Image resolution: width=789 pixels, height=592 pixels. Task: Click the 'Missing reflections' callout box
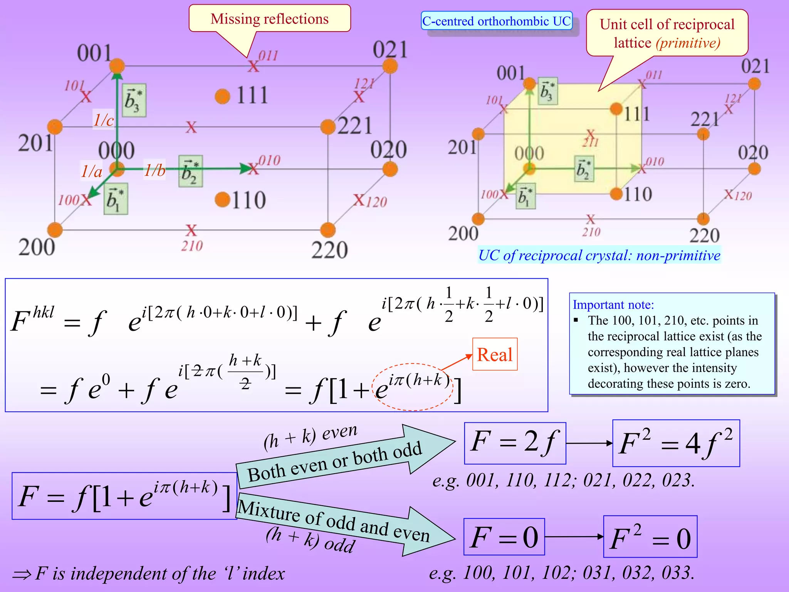coord(270,18)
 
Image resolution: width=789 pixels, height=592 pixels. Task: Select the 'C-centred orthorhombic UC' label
coord(496,21)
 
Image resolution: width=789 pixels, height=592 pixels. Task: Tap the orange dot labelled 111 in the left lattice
coord(223,96)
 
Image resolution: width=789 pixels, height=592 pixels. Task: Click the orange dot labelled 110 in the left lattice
coord(223,200)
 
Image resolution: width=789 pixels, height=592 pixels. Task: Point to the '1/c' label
coord(104,120)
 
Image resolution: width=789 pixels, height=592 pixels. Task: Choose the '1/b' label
coord(154,170)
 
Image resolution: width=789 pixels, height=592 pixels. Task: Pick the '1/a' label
coord(92,171)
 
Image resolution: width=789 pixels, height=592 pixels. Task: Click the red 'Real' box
coord(495,354)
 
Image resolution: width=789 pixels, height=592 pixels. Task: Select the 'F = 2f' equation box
coord(515,443)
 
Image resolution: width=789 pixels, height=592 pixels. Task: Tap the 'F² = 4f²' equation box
coord(676,443)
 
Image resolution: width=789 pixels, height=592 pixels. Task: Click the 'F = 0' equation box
coord(504,536)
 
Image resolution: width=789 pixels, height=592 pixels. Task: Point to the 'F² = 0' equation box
coord(650,537)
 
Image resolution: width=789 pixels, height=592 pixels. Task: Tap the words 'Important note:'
coord(613,304)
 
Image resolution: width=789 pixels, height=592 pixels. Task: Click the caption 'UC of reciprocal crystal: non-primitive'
coord(599,256)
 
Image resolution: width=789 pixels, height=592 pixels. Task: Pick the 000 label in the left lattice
coord(116,150)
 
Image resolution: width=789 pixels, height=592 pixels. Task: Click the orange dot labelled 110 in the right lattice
coord(616,193)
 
